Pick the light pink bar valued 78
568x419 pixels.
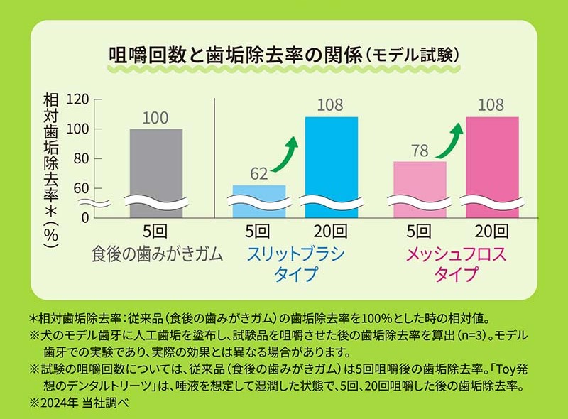(x=420, y=187)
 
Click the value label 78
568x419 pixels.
(x=420, y=151)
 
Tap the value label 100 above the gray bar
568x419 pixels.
(x=155, y=118)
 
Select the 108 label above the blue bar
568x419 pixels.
(x=330, y=106)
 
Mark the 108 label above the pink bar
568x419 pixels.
(x=491, y=106)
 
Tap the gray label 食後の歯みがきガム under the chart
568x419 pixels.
(x=157, y=254)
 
